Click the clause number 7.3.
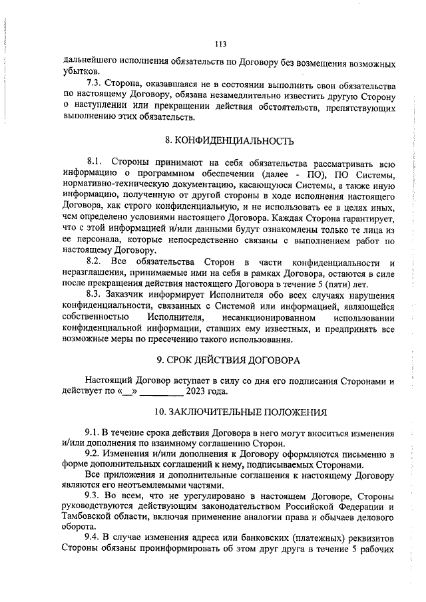[x=97, y=85]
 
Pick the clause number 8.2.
[x=97, y=261]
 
